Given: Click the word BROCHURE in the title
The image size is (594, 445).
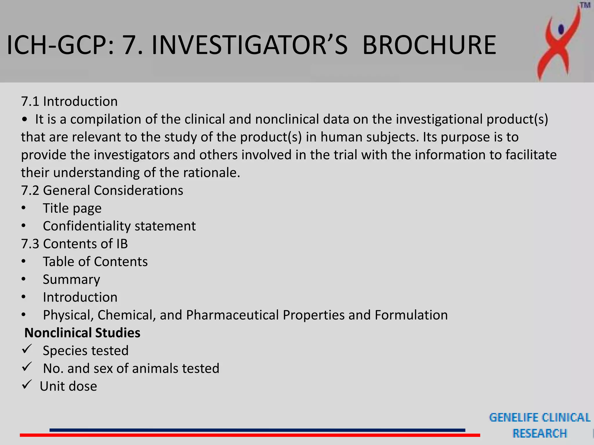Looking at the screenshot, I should pos(429,45).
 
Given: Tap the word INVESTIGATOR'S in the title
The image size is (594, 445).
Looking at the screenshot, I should pos(249,45).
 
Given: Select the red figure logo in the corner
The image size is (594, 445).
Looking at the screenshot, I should pos(558,43).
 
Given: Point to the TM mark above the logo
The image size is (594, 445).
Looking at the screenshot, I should pos(585,6).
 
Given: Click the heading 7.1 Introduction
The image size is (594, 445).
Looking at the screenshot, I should pos(69,101).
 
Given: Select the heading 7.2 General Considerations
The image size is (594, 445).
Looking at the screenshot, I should pos(102,190).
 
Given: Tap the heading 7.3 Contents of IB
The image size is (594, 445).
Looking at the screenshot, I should pos(74,244).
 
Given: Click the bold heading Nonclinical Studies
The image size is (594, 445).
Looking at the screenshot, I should pos(82,333).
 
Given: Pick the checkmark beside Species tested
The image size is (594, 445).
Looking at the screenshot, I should pos(27,349).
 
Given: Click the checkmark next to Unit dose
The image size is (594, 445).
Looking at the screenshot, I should pos(27,385).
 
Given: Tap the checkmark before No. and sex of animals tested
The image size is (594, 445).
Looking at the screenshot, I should pos(27,367).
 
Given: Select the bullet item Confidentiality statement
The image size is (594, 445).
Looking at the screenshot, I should pos(119,226).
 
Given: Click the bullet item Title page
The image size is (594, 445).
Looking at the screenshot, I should pos(72,208).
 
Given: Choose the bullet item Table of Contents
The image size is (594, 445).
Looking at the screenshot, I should pos(95,262).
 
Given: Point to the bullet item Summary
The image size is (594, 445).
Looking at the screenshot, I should pos(71,279).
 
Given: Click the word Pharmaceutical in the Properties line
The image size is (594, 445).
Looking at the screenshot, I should pos(232,315).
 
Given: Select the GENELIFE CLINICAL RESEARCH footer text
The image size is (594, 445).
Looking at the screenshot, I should pos(539,425).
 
